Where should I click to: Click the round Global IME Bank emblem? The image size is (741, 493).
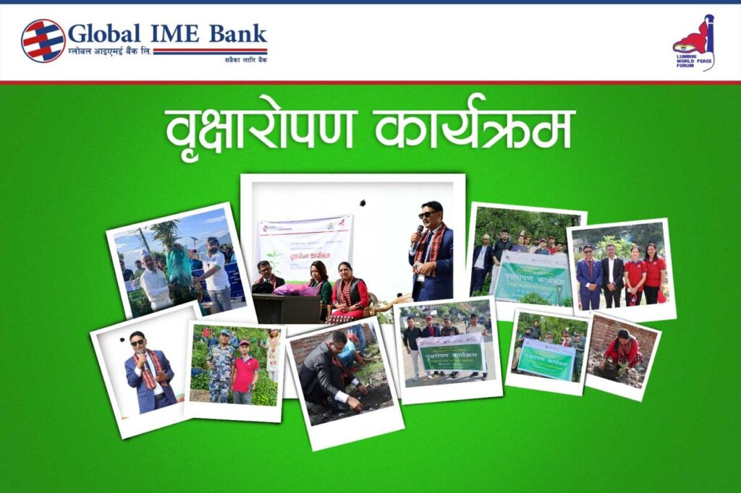pyautogui.click(x=43, y=40)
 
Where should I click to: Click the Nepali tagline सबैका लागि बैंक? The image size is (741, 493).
pyautogui.click(x=245, y=61)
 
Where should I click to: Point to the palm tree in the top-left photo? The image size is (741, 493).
pyautogui.click(x=166, y=235)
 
